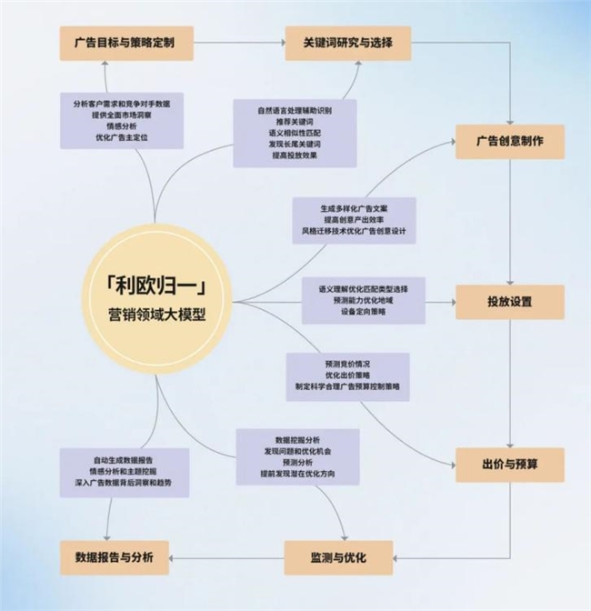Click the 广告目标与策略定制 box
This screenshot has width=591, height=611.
pyautogui.click(x=126, y=44)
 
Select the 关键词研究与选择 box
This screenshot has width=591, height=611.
pyautogui.click(x=348, y=44)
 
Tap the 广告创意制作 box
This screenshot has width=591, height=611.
pyautogui.click(x=510, y=142)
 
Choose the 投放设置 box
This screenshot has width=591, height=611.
pyautogui.click(x=510, y=302)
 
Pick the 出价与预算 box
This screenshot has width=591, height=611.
pyautogui.click(x=510, y=465)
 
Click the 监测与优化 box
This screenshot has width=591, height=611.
pyautogui.click(x=338, y=557)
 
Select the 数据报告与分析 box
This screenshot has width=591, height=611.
pyautogui.click(x=115, y=557)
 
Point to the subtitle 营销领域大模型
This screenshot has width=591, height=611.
pyautogui.click(x=156, y=315)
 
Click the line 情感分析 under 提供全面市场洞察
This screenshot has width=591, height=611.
pyautogui.click(x=122, y=126)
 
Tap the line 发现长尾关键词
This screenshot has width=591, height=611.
pyautogui.click(x=295, y=145)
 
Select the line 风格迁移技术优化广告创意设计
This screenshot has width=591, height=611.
pyautogui.click(x=354, y=231)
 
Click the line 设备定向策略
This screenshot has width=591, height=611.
pyautogui.click(x=363, y=312)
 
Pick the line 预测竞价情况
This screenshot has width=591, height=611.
pyautogui.click(x=347, y=365)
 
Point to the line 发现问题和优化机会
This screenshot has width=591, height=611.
pyautogui.click(x=297, y=452)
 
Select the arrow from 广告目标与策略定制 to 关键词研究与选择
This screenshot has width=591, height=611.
pyautogui.click(x=239, y=43)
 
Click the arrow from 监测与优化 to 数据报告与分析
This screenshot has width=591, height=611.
pyautogui.click(x=226, y=558)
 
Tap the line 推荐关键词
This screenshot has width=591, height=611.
pyautogui.click(x=295, y=122)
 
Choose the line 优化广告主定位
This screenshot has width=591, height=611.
pyautogui.click(x=122, y=137)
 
